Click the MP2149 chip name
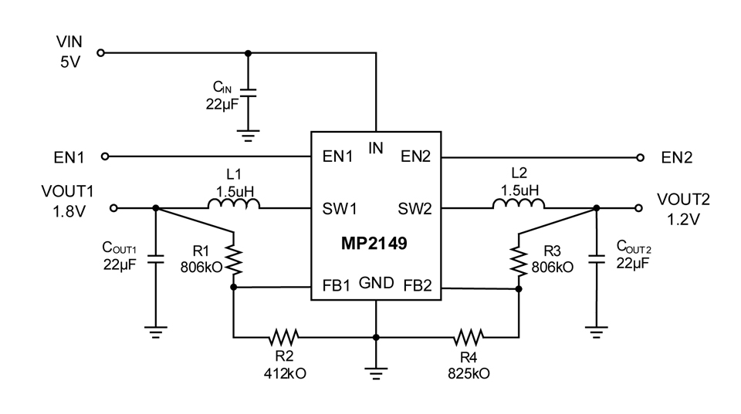tap(374, 244)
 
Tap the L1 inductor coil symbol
tap(233, 203)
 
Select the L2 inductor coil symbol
tap(519, 203)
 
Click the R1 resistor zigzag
tap(233, 259)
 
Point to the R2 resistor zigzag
tap(283, 337)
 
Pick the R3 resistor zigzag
tap(519, 260)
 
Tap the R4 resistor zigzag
tap(469, 337)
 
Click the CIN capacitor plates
tap(248, 92)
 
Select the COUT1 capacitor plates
tap(155, 259)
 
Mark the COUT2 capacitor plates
tap(597, 259)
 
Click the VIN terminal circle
tap(100, 53)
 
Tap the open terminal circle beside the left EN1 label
tap(106, 157)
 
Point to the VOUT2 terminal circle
tap(638, 207)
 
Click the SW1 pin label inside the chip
tap(340, 209)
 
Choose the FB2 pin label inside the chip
tap(418, 285)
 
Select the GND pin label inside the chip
tap(376, 283)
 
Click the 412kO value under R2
tap(285, 373)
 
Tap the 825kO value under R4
tap(469, 373)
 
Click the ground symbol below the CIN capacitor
tap(248, 136)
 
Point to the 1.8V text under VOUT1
tap(69, 211)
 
